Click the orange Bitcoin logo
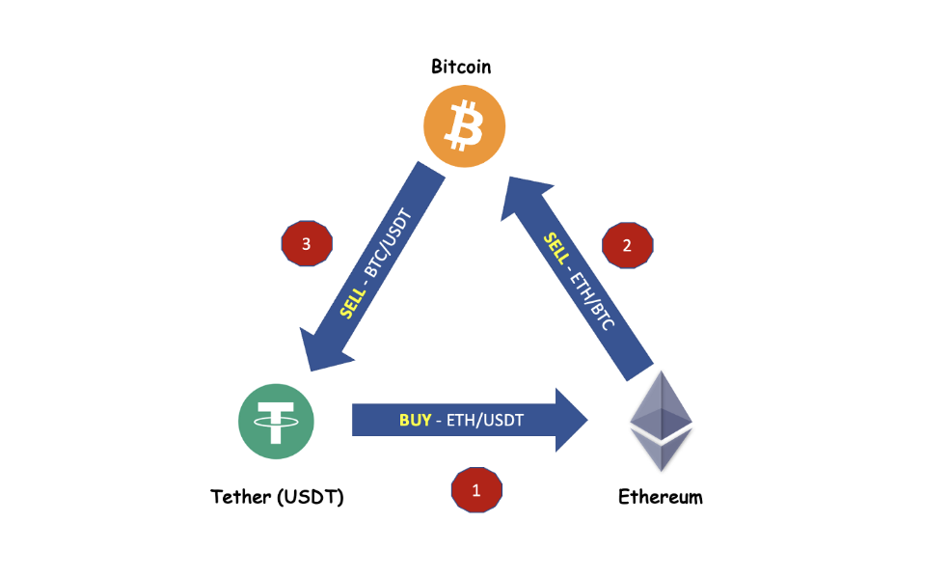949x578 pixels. click(464, 126)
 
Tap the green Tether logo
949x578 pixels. click(276, 420)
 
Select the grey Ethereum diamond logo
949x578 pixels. click(662, 421)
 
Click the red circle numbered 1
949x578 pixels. click(475, 490)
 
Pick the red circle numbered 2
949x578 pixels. click(628, 245)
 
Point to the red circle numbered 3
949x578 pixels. click(306, 245)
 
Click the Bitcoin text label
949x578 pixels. click(461, 67)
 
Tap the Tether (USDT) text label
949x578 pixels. click(277, 498)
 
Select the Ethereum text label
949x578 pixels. click(661, 498)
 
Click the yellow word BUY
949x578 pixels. click(415, 421)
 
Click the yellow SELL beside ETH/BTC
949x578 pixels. click(556, 250)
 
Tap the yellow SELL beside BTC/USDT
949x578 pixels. click(354, 302)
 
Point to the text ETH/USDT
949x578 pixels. click(484, 421)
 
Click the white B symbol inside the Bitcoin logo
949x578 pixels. click(465, 126)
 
